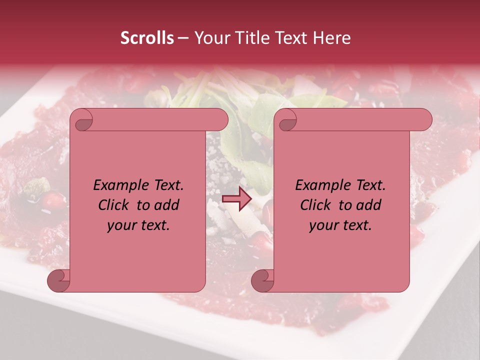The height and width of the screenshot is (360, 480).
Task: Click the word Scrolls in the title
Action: (147, 38)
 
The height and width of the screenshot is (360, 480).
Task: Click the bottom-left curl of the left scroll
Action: (59, 280)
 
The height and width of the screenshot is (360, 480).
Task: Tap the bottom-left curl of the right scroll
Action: (263, 280)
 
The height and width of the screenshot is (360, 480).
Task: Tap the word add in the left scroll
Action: (167, 205)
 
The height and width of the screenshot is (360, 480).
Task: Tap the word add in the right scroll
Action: (369, 205)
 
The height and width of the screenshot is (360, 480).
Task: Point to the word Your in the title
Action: (210, 38)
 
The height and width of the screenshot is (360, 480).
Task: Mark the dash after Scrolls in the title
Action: (183, 38)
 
